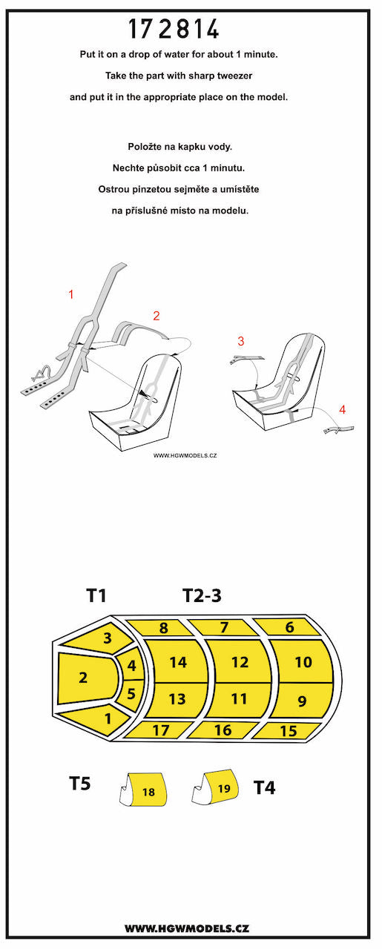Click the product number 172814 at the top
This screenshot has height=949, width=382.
tap(174, 29)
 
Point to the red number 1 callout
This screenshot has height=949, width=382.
tap(71, 294)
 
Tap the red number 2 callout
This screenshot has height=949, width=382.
tap(157, 316)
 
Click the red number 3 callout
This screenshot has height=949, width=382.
tap(241, 341)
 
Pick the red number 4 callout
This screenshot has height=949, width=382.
tap(343, 409)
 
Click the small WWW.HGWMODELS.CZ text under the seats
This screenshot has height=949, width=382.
tap(185, 455)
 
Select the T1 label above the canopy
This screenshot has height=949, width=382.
tap(96, 595)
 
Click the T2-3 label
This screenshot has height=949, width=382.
tap(202, 595)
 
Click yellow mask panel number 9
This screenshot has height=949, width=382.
tap(302, 701)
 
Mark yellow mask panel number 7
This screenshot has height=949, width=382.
tap(223, 627)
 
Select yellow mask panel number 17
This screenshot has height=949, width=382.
tap(160, 730)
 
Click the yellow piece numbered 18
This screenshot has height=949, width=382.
tap(148, 791)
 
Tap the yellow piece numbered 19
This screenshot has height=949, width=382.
tap(223, 787)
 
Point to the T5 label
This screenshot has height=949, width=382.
tap(80, 784)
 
